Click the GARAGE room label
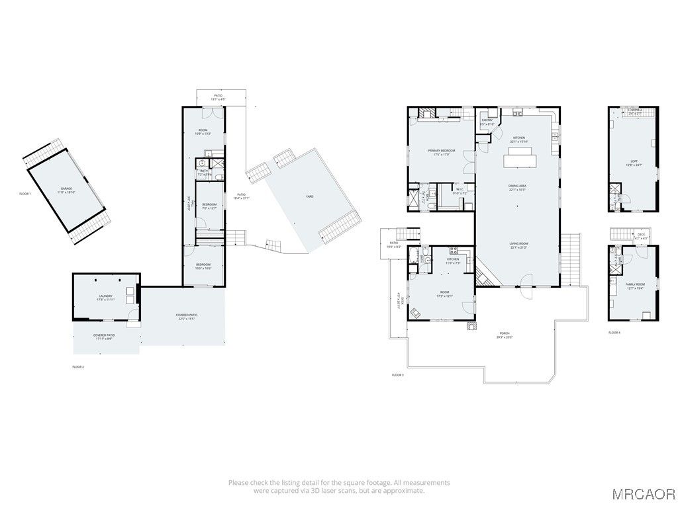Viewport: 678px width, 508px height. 66,189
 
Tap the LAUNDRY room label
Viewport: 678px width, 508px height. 106,296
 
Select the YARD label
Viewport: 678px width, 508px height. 309,196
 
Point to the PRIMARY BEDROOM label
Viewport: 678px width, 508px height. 441,151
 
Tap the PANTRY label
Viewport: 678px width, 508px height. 487,120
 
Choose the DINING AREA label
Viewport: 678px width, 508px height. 518,187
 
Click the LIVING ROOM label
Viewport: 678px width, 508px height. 518,244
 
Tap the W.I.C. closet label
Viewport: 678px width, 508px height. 461,189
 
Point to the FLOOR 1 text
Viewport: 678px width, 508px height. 25,194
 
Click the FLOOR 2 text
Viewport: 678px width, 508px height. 78,366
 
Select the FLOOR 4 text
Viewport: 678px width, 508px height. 614,332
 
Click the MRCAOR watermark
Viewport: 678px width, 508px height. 643,493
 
